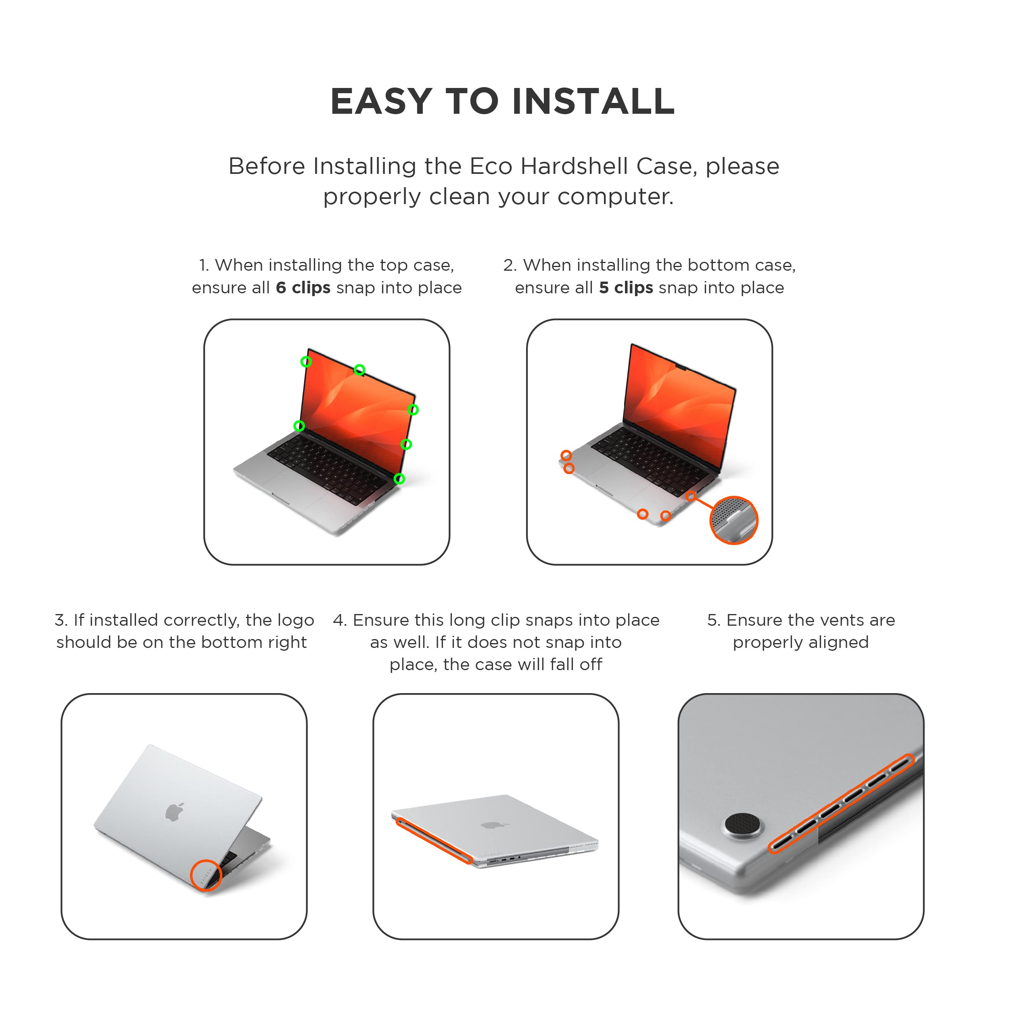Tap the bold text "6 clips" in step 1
(x=303, y=288)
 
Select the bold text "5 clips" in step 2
(x=626, y=288)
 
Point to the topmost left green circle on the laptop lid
(x=306, y=361)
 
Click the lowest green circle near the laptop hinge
(x=399, y=478)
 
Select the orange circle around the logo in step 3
(x=206, y=875)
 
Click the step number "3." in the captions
(x=61, y=620)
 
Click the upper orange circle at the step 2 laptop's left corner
(x=566, y=455)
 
